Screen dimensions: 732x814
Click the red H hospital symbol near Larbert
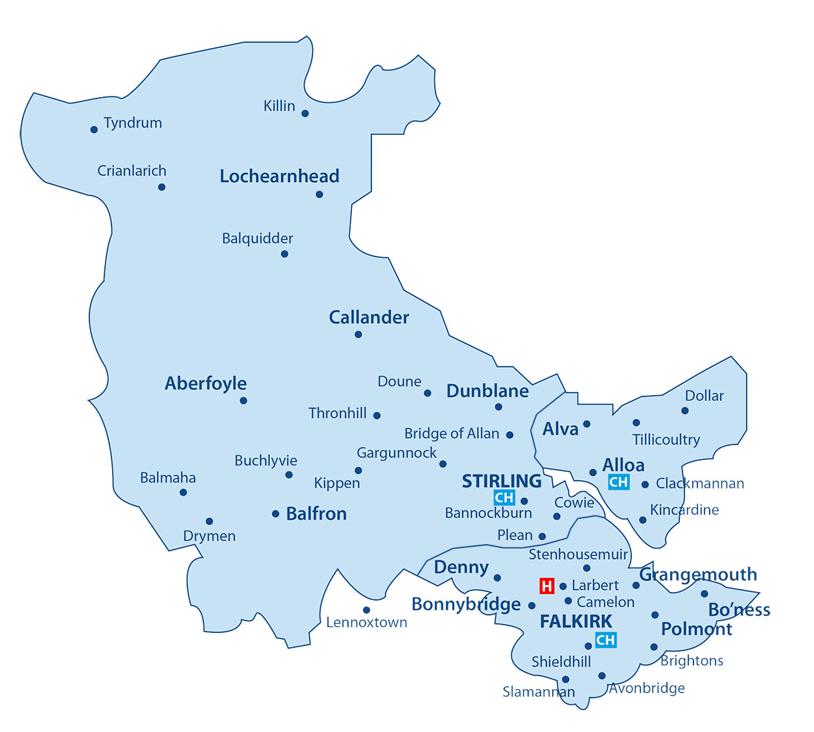point(547,586)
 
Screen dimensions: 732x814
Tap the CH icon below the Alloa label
point(619,482)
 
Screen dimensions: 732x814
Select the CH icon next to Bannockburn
point(504,498)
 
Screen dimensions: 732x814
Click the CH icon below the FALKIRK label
point(605,640)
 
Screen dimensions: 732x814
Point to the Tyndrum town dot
point(94,130)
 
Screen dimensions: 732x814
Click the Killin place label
point(279,106)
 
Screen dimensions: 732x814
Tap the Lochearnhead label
point(279,176)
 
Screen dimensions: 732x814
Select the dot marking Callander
point(358,334)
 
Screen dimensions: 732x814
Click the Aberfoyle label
point(205,383)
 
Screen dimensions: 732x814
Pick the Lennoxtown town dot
point(366,610)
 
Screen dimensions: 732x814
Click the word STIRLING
point(502,481)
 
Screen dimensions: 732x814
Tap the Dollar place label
point(704,396)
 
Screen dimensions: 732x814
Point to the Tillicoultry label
point(666,440)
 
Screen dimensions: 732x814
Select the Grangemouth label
point(698,575)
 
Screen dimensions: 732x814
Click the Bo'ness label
point(739,610)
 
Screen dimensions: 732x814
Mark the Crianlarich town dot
point(161,187)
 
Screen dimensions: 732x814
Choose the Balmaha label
point(168,478)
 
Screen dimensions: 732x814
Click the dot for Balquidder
point(285,254)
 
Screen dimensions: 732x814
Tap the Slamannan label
point(539,692)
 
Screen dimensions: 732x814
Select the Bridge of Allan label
point(452,433)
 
